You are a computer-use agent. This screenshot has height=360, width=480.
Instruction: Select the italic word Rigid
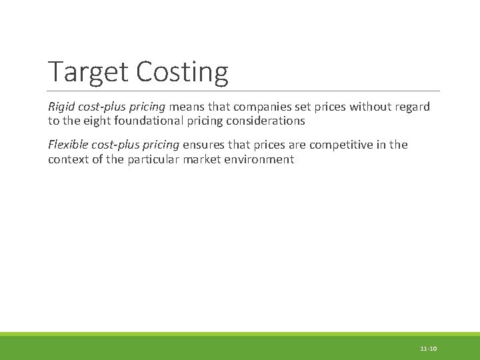(x=62, y=107)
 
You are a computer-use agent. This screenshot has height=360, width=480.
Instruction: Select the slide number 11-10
(x=428, y=349)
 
